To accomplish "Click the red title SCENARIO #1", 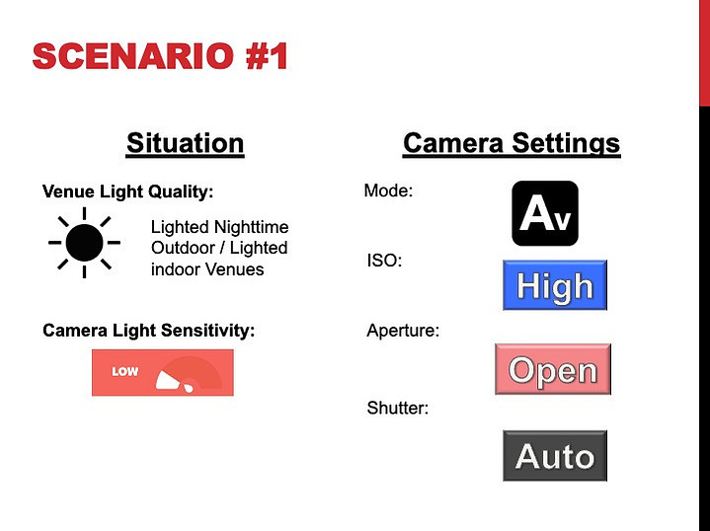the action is tap(160, 56).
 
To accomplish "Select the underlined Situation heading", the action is tap(186, 144).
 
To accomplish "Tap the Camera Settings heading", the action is tap(512, 144).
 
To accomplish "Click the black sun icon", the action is tap(84, 243).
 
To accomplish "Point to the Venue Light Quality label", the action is tap(127, 191).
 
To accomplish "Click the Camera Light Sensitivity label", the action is tap(148, 331).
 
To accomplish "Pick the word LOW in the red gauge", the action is tap(125, 372).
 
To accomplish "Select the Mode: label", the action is tap(388, 190).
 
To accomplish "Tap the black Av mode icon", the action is tap(545, 213).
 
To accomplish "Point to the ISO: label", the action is tap(384, 261).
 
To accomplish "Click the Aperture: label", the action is tap(403, 331).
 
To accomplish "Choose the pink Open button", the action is tap(553, 369).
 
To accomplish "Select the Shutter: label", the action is tap(398, 409).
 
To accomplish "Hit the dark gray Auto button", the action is tap(555, 456).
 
